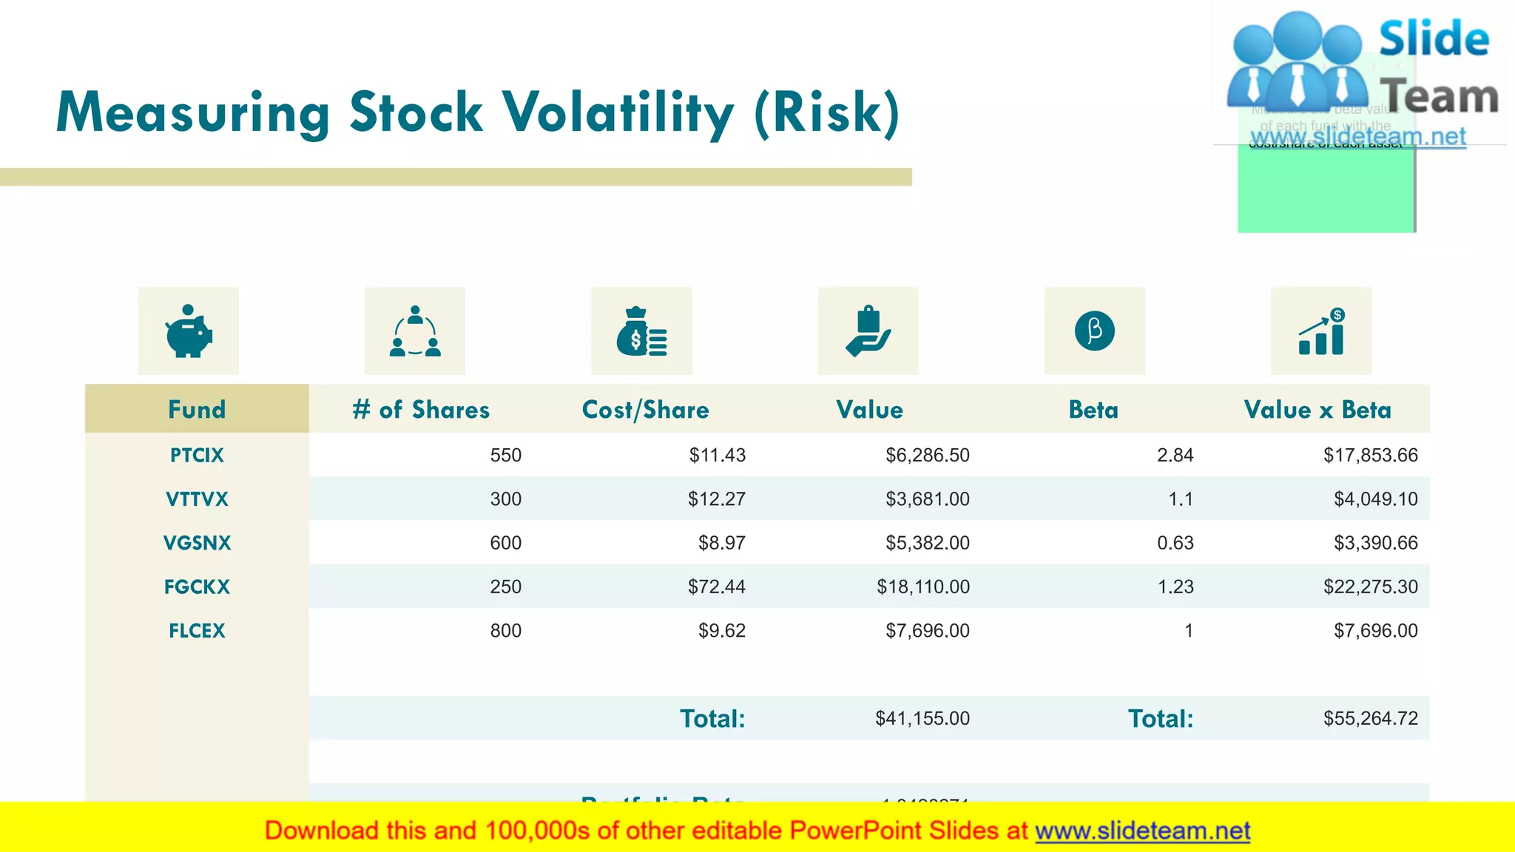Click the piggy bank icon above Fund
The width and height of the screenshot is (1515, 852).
click(x=189, y=331)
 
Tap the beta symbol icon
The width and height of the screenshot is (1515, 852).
click(x=1095, y=331)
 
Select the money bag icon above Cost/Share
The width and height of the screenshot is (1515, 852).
click(x=641, y=331)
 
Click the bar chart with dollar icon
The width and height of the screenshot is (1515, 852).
click(x=1321, y=331)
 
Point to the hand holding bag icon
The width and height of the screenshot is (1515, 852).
click(x=868, y=331)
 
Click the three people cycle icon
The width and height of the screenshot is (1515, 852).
click(x=415, y=331)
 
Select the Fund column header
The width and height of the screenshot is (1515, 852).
click(x=197, y=409)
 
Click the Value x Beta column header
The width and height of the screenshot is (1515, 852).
click(x=1317, y=410)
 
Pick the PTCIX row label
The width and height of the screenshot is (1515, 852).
click(x=197, y=456)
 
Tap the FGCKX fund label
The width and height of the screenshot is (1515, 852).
click(x=197, y=587)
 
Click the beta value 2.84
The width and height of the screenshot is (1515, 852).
click(x=1175, y=456)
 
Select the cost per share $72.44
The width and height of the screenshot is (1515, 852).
click(x=716, y=587)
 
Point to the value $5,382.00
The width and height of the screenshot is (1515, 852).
click(x=927, y=543)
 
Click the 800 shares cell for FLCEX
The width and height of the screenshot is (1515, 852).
click(x=505, y=631)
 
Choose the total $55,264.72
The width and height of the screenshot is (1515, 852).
click(x=1370, y=719)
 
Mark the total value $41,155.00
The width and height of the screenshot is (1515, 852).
click(x=922, y=719)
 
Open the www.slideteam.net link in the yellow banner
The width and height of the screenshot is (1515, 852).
click(x=1142, y=831)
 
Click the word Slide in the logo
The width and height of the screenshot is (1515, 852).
click(x=1434, y=38)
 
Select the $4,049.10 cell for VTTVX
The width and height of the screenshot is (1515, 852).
click(x=1375, y=499)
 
